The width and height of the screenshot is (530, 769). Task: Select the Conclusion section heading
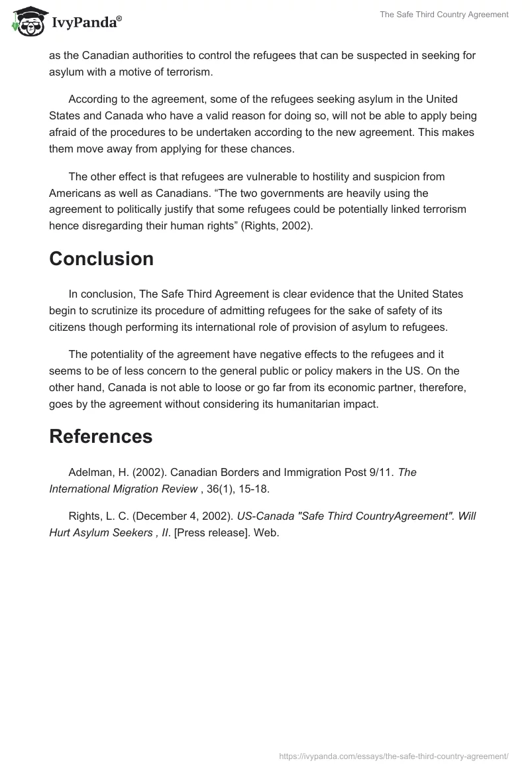[x=101, y=259]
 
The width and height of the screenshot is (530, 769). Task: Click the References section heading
[x=101, y=436]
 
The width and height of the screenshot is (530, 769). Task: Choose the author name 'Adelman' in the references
[x=90, y=473]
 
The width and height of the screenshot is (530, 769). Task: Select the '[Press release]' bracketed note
[x=211, y=532]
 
